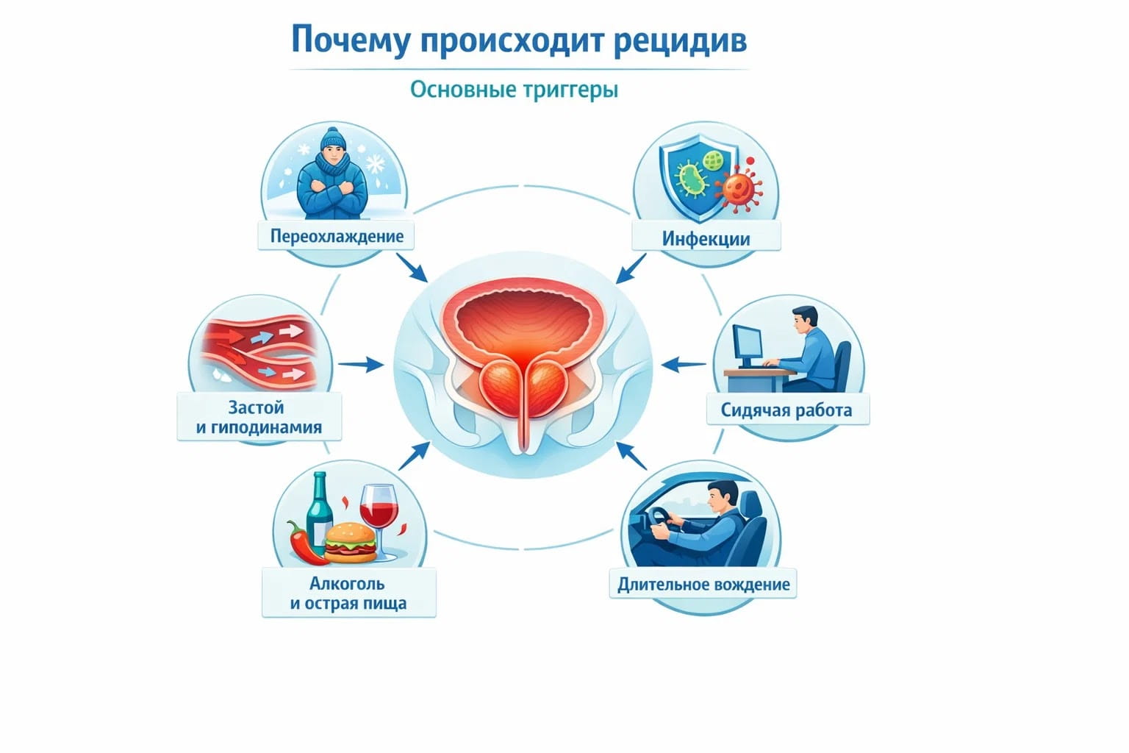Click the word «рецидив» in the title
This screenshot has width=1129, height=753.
pos(678,40)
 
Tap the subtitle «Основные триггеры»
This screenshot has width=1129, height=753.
pos(514,90)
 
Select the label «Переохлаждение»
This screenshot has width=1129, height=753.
pos(337,236)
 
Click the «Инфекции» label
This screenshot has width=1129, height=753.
pos(706,238)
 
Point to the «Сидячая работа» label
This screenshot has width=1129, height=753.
pos(786,410)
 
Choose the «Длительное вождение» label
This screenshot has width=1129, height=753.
pos(703,585)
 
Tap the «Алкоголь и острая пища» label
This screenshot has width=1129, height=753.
pos(348,593)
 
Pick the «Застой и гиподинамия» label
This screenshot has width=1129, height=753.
pos(259,417)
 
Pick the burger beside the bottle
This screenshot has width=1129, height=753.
pos(351,543)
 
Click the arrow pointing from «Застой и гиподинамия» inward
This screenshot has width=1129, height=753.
pos(360,364)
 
